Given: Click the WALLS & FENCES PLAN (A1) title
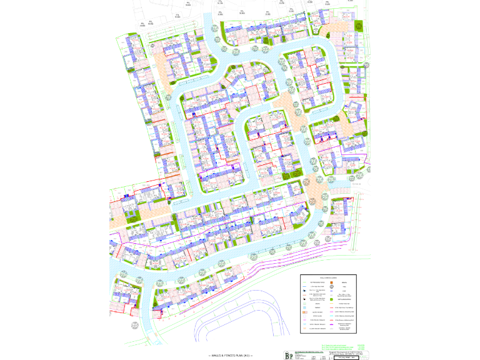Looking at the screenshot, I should click(x=230, y=354).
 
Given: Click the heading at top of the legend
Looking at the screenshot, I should click(x=328, y=278).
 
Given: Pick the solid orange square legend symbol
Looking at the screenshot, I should click(x=331, y=282).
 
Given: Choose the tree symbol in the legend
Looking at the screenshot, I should click(x=331, y=287).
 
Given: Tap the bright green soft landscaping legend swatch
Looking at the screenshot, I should click(x=331, y=299).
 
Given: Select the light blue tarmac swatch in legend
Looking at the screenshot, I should click(x=304, y=307).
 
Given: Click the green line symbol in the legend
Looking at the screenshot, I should click(x=304, y=282).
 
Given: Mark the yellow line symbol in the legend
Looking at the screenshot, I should click(x=331, y=304).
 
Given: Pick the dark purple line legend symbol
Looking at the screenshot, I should click(x=331, y=324).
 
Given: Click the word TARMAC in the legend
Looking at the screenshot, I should click(x=317, y=307).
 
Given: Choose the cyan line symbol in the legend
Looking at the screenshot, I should click(x=331, y=316).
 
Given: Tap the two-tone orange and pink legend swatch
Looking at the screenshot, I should click(x=305, y=312).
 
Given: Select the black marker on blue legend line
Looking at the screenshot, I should click(x=304, y=291).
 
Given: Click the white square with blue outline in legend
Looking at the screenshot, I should click(x=304, y=316).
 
